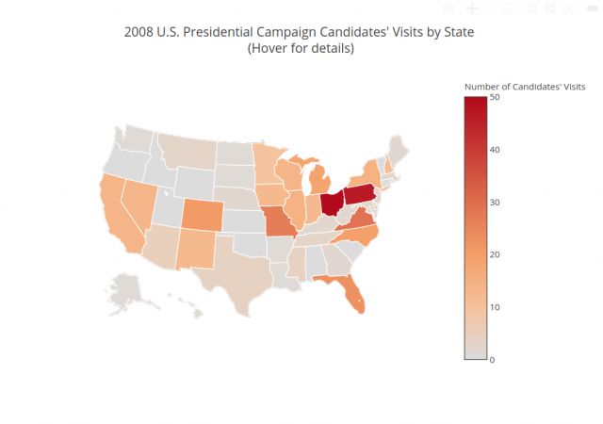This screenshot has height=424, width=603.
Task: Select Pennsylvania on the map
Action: pyautogui.click(x=360, y=196)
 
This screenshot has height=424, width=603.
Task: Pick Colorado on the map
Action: pyautogui.click(x=200, y=216)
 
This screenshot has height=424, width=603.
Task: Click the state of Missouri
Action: pyautogui.click(x=278, y=225)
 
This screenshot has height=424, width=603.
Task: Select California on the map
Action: pyautogui.click(x=120, y=221)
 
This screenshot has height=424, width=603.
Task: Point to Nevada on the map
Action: pyautogui.click(x=139, y=203)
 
